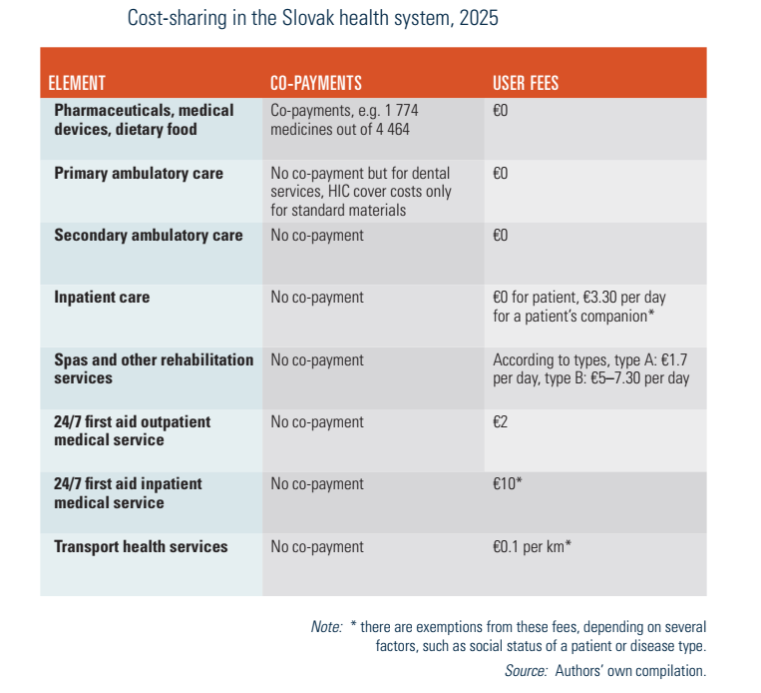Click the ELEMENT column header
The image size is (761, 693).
click(77, 84)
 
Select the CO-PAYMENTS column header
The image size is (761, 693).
click(316, 84)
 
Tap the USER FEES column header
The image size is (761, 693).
click(526, 84)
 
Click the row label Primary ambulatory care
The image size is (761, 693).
click(139, 174)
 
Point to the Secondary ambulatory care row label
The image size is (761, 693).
click(149, 236)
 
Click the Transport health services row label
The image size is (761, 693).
click(141, 546)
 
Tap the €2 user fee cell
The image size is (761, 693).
click(502, 422)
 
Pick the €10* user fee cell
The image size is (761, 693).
click(509, 484)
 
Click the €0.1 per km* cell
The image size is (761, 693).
click(532, 546)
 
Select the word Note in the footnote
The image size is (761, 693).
click(326, 627)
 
